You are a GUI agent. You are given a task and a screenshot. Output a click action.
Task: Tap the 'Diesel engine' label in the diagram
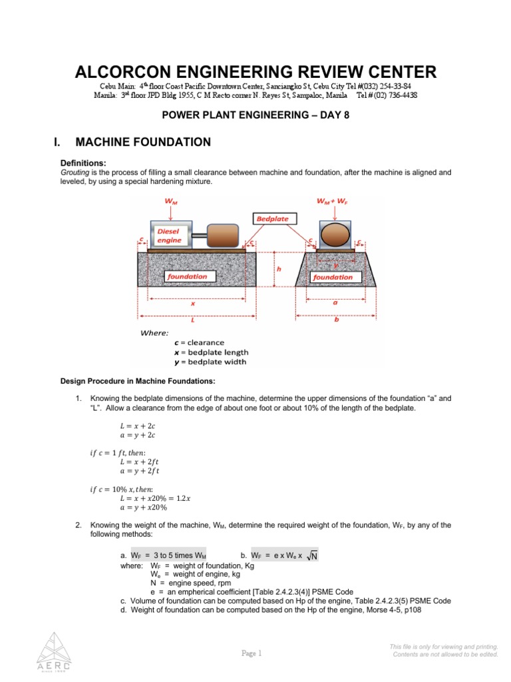pos(169,236)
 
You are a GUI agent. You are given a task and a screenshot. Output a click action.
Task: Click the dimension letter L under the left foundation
pos(192,320)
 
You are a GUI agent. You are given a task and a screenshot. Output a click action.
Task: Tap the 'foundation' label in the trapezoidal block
pos(333,276)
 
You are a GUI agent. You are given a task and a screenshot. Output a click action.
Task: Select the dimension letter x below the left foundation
pos(193,302)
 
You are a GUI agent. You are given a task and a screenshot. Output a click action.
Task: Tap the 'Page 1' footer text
pos(252,653)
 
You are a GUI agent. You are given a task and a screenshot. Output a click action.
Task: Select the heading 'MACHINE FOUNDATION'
pos(143,142)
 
